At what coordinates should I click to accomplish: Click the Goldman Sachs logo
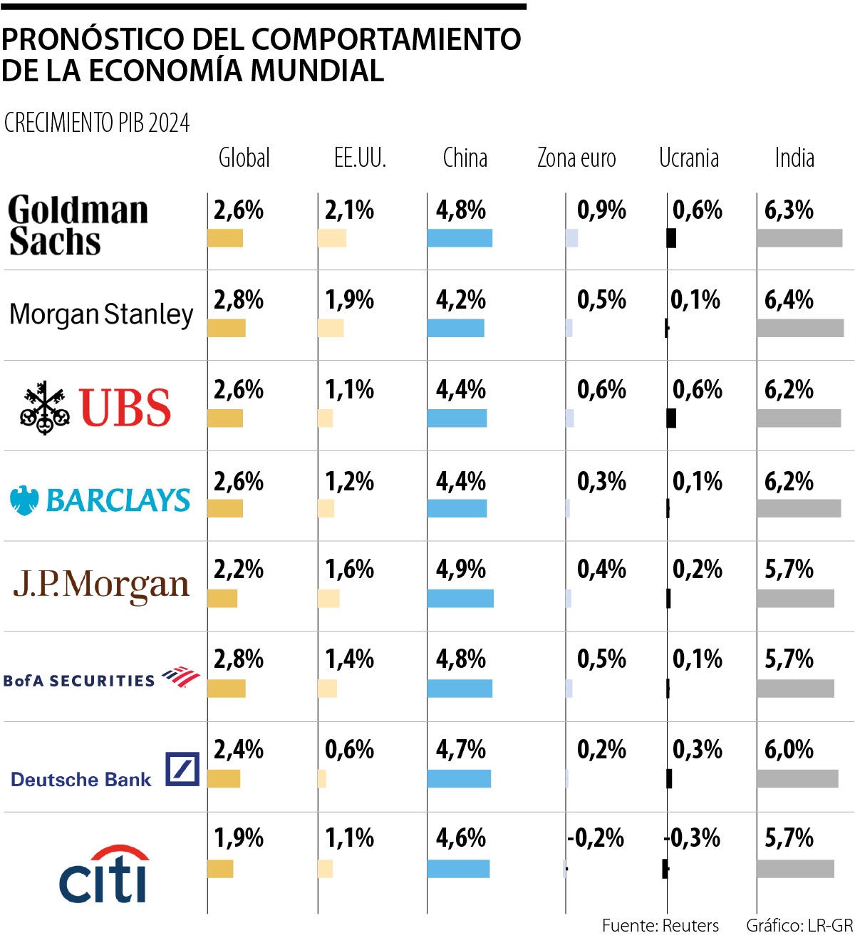point(78,225)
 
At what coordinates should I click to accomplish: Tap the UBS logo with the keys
point(95,407)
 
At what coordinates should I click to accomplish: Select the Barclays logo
point(100,500)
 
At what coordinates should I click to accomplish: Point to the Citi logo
point(105,875)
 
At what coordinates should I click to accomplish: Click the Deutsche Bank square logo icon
point(182,769)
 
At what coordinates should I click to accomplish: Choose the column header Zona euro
point(576,158)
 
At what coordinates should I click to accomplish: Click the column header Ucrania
point(688,158)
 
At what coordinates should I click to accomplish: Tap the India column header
point(794,158)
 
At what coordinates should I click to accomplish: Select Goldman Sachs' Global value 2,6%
point(239,210)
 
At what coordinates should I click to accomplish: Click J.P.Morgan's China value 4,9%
point(461,569)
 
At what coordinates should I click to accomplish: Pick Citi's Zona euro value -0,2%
point(596,837)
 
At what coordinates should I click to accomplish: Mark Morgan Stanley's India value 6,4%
point(789,300)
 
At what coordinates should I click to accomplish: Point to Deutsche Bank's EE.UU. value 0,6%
point(349,750)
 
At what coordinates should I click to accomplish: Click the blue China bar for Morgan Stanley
point(455,328)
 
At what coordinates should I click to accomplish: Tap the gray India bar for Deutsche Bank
point(797,778)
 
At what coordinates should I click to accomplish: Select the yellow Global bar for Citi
point(220,869)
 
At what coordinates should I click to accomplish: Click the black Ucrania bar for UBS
point(671,418)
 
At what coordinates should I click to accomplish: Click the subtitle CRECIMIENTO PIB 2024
point(97,123)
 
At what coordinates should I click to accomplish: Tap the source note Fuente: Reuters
point(660,925)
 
